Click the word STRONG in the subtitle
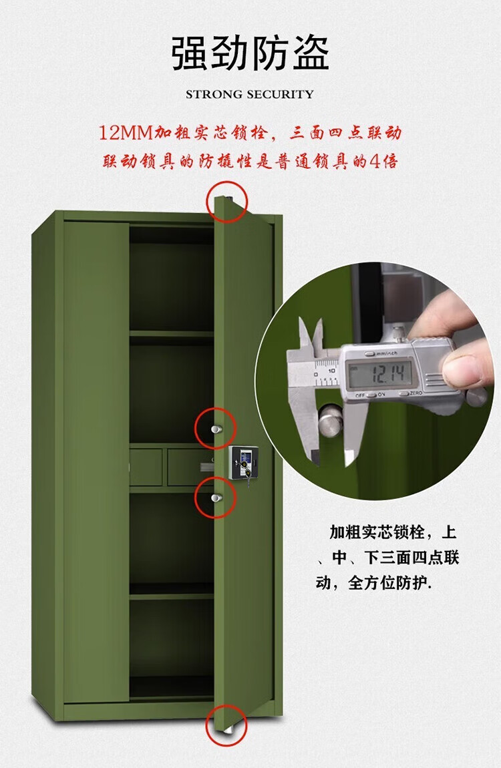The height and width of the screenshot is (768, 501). [x=214, y=94]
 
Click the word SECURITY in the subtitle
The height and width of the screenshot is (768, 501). [x=280, y=94]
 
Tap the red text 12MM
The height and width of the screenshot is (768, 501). [x=126, y=133]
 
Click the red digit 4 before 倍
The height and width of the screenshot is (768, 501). [x=375, y=161]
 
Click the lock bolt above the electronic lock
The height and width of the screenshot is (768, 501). [x=216, y=429]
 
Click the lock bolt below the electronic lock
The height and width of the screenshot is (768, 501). [x=216, y=498]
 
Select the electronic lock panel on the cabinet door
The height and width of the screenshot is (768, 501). [x=243, y=462]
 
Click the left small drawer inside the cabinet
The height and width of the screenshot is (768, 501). [x=146, y=467]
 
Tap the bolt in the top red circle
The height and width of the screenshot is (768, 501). [x=228, y=198]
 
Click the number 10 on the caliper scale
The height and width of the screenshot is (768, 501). [x=331, y=371]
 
